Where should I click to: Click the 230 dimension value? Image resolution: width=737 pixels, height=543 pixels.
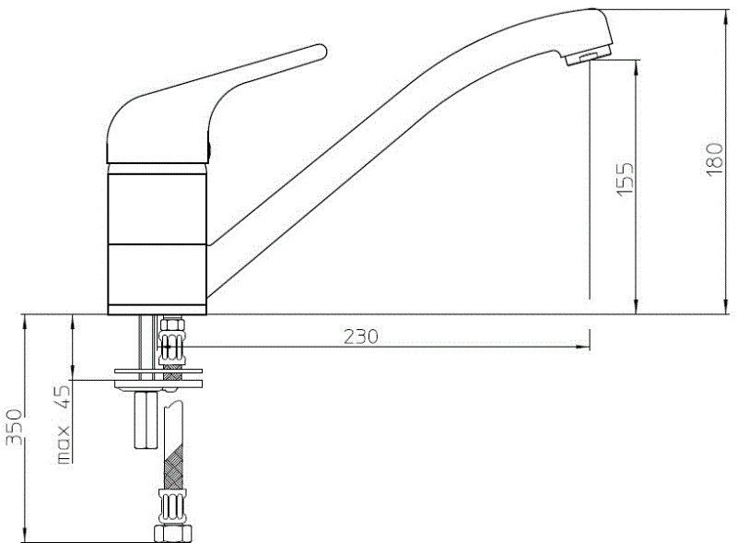pyautogui.click(x=360, y=337)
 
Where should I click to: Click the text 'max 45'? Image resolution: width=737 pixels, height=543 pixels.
pyautogui.click(x=64, y=424)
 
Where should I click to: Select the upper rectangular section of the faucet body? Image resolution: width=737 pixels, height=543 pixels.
pyautogui.click(x=158, y=207)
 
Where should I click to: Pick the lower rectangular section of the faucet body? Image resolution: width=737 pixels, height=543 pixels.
pyautogui.click(x=158, y=279)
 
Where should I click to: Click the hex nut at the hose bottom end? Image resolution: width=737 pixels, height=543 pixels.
pyautogui.click(x=170, y=534)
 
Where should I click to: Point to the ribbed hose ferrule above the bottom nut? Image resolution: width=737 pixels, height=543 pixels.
pyautogui.click(x=170, y=506)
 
